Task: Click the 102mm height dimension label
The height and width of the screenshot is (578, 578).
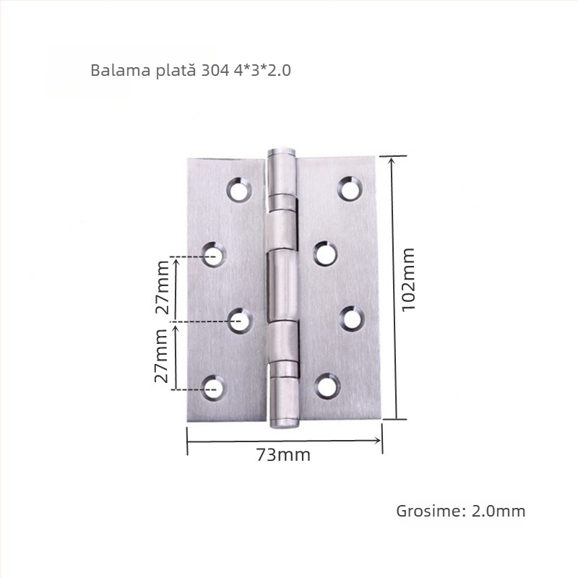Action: [408, 279]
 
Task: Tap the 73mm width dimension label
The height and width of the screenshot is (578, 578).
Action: [283, 455]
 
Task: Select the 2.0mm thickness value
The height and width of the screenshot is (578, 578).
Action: [499, 511]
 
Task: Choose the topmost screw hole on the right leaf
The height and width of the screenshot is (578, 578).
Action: [350, 190]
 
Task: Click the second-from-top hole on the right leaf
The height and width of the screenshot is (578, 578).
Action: [326, 254]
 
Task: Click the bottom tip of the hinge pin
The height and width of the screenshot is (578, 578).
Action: [284, 423]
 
